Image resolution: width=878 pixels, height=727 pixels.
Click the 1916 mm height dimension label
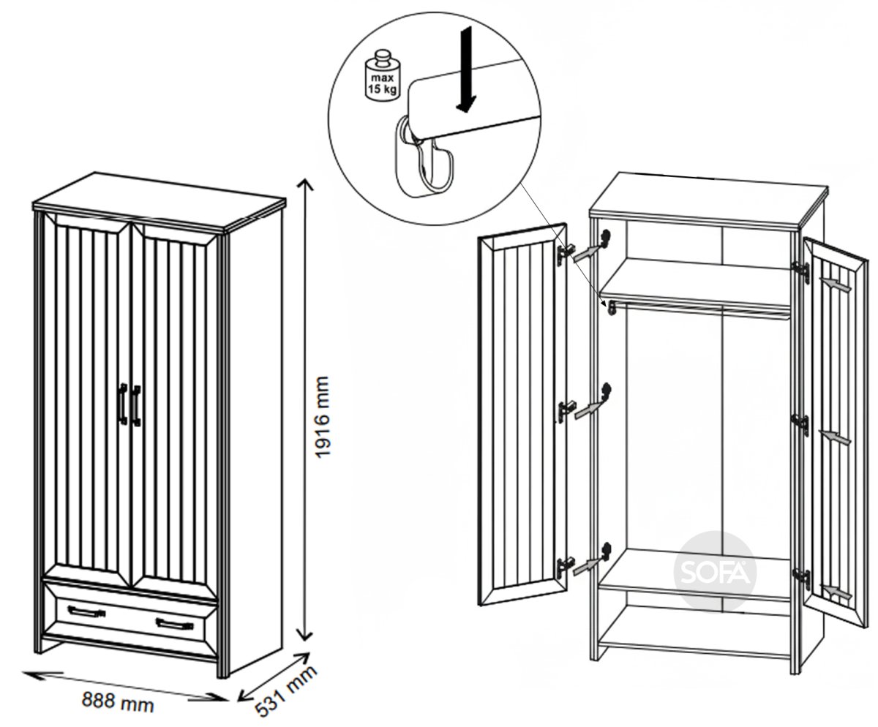tap(323, 417)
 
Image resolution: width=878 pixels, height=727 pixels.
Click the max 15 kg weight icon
tap(382, 75)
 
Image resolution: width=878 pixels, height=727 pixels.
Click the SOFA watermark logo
tap(715, 572)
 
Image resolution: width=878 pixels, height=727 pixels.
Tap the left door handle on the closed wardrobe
tap(123, 404)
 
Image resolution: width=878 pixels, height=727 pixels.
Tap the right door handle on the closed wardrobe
tap(135, 406)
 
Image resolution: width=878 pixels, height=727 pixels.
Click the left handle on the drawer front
tap(86, 611)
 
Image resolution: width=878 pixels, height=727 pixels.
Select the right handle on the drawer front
tap(175, 624)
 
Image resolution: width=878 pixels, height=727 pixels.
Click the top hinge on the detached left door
tap(565, 255)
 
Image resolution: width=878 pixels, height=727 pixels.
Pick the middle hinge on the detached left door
tap(565, 410)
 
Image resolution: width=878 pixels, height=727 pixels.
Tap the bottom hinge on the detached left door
tap(565, 566)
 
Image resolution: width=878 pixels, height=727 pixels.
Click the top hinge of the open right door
tap(801, 272)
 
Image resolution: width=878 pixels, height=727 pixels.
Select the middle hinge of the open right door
tap(801, 425)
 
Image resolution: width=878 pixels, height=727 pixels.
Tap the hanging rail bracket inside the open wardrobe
tap(612, 308)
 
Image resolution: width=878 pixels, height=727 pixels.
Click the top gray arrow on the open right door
tap(834, 285)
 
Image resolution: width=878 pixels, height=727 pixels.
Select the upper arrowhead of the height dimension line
tap(306, 184)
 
